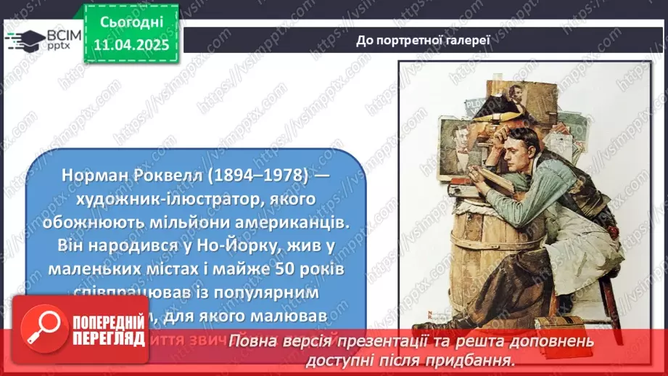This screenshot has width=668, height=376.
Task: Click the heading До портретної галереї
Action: [424, 39]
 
